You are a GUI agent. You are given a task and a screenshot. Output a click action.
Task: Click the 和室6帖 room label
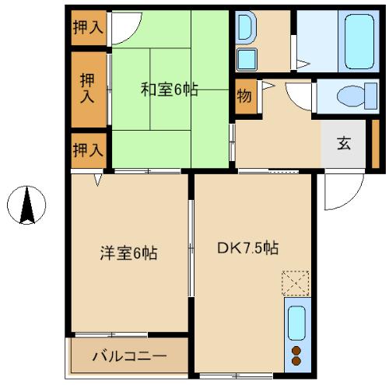[170, 89]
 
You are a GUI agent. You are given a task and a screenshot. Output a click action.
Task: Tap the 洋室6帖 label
[129, 253]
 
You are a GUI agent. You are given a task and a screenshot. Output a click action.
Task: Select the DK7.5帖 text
[248, 248]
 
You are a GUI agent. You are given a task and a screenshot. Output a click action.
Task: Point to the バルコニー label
[129, 356]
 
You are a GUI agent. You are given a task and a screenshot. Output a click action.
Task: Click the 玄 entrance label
[344, 143]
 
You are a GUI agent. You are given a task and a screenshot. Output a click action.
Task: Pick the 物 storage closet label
[244, 96]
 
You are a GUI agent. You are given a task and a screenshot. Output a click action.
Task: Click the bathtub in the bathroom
[359, 41]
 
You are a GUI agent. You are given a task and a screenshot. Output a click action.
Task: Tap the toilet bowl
[357, 96]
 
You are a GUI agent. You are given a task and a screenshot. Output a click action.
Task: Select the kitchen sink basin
[296, 323]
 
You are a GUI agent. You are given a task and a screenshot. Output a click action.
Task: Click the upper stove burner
[296, 351]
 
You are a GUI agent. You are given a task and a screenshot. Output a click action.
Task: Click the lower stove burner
[296, 361]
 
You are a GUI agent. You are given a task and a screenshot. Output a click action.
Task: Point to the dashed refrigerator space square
[296, 283]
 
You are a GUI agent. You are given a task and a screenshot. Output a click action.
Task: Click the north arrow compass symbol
[26, 205]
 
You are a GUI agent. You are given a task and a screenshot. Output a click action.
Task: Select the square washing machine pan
[247, 59]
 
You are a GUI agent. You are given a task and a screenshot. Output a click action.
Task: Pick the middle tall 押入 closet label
[87, 88]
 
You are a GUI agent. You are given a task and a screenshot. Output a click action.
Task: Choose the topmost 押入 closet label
[88, 27]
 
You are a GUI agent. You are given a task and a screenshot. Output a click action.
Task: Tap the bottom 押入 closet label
[88, 150]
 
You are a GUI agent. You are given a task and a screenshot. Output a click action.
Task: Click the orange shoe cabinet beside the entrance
[376, 144]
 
